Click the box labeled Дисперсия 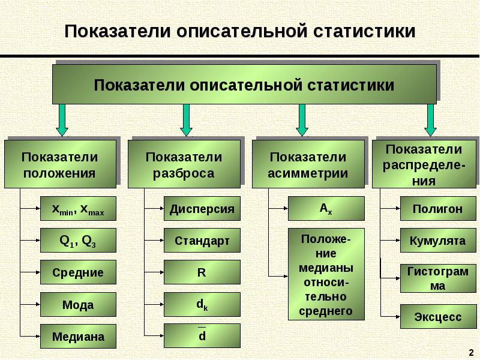coord(202,209)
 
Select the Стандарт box coord(202,241)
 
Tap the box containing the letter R coord(202,272)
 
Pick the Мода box coord(78,305)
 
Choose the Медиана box coord(78,337)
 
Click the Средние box coord(78,272)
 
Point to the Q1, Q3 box coord(78,241)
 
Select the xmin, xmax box coord(78,209)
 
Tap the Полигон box coord(437,209)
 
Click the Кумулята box coord(437,241)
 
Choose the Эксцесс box coord(437,316)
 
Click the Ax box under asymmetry coord(326,208)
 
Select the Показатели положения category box coord(60,164)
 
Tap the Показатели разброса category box coord(184,164)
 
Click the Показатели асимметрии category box coord(308,164)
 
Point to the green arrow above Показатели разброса coord(186,120)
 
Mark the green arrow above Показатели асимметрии coord(302,120)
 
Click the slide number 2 coord(470,350)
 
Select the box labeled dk coord(202,305)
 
